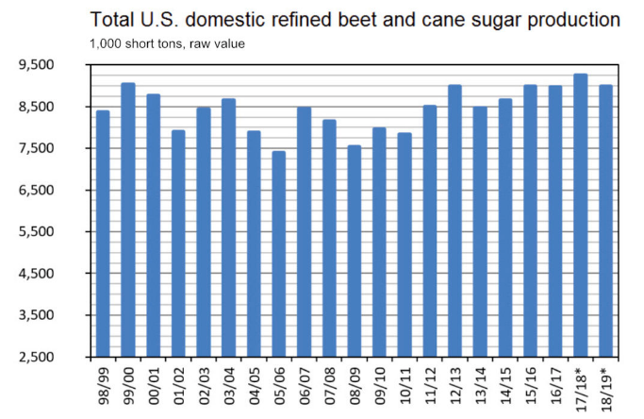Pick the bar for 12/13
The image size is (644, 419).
[454, 221]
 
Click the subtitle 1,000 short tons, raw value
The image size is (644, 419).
[167, 43]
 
